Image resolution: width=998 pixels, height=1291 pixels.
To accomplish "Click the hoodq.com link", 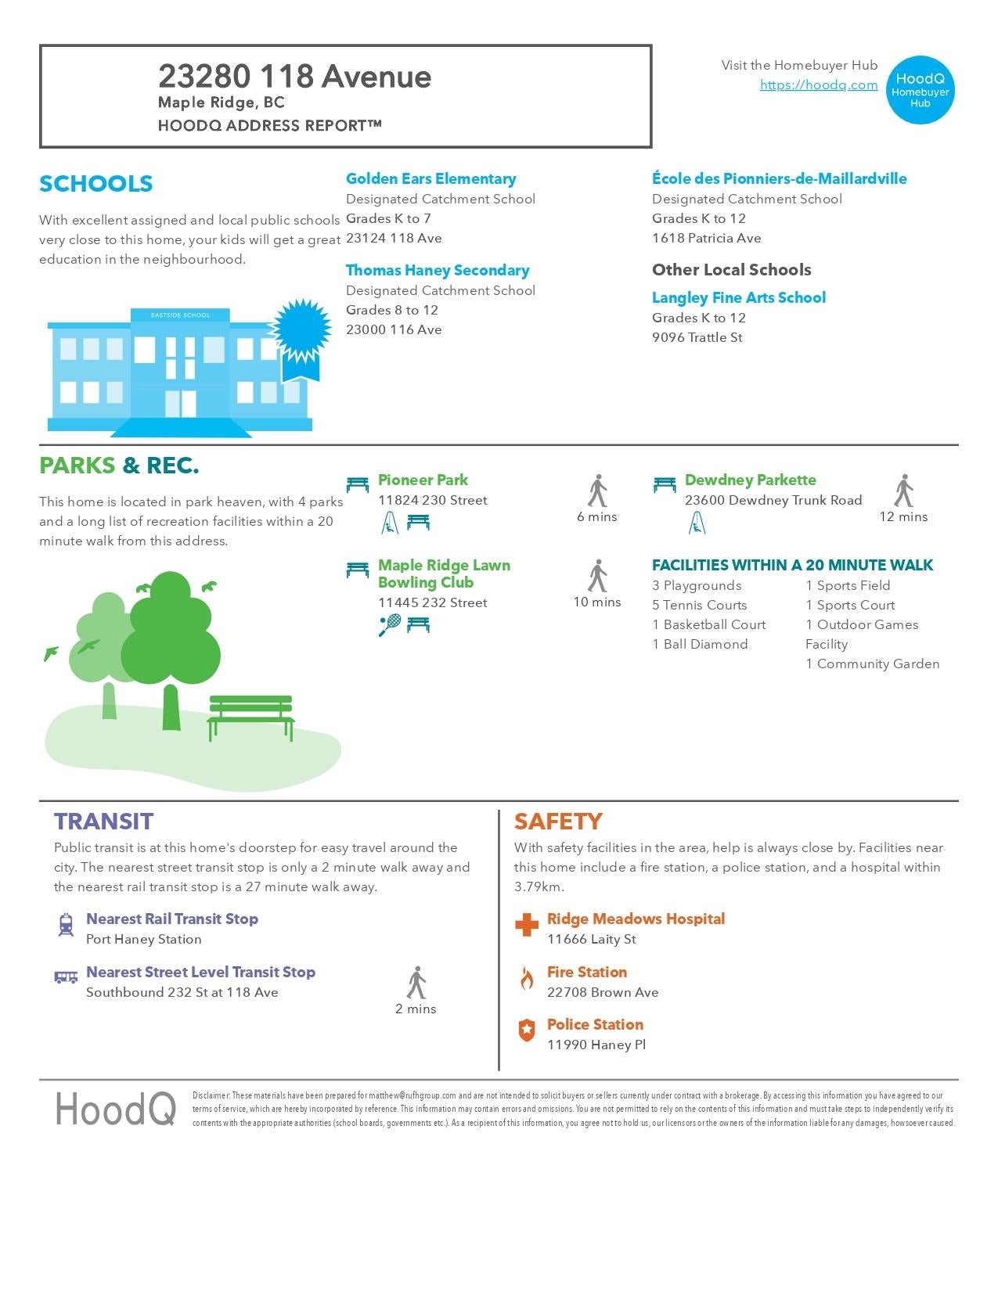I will point(818,85).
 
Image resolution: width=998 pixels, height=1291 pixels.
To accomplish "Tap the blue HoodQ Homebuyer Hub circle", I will point(921,90).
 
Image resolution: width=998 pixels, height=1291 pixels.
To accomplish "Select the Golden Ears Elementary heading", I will point(431,179).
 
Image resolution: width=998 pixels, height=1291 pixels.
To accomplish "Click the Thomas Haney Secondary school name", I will point(438,271).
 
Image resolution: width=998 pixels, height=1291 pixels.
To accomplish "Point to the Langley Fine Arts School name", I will point(738,298).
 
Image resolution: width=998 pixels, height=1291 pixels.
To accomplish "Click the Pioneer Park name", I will point(423,480).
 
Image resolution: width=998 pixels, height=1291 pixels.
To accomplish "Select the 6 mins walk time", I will point(596,517).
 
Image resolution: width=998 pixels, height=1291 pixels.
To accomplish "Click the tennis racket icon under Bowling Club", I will point(389,625).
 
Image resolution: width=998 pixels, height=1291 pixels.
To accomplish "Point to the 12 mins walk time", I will point(903,517).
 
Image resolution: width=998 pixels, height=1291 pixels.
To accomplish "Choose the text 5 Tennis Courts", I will point(699,606).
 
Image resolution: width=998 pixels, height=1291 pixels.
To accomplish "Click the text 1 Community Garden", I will point(872,664).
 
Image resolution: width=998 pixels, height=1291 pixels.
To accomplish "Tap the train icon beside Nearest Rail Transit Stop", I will point(67,925).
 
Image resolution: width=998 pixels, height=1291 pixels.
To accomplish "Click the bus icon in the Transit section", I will point(66,977).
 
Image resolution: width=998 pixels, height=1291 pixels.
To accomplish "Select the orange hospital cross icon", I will point(527,925).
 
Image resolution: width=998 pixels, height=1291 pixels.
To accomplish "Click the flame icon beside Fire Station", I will point(527,978).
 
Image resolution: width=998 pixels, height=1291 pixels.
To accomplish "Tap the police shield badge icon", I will point(527,1030).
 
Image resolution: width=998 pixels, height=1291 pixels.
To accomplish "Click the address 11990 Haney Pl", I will point(596,1045).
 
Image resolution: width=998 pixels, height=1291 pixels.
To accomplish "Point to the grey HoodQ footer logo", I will point(116,1109).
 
